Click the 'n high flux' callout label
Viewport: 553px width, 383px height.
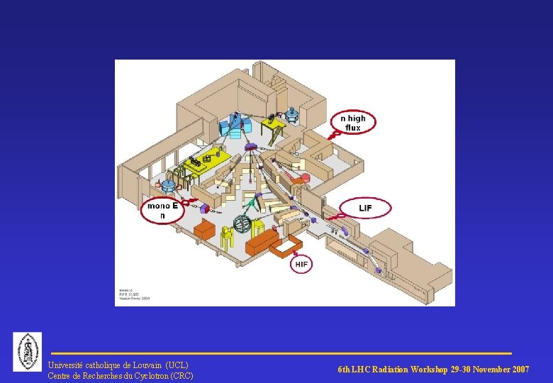[353, 123]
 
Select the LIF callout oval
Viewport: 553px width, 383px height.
[365, 208]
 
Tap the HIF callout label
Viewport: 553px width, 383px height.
[301, 265]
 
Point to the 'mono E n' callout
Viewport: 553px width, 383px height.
[162, 210]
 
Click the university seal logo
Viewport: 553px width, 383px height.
[28, 351]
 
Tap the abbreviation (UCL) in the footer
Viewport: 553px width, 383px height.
[177, 365]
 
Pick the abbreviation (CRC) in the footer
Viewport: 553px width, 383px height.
[180, 375]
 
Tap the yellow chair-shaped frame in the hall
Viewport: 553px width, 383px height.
[228, 236]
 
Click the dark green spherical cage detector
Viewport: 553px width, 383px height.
[244, 225]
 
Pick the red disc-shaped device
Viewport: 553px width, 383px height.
[305, 178]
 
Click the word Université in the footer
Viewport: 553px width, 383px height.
[65, 365]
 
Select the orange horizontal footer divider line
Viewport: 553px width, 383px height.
[281, 353]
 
